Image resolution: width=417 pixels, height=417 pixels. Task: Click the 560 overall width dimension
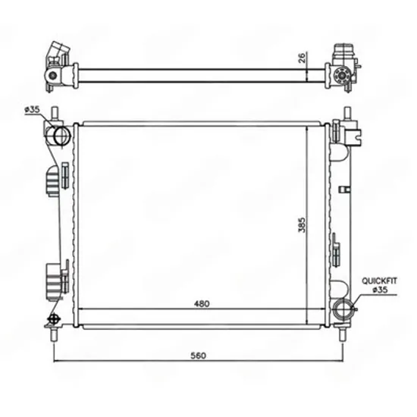(199, 356)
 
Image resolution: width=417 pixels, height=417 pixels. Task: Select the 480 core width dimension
(202, 303)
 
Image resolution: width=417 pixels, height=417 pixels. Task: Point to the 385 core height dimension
(302, 225)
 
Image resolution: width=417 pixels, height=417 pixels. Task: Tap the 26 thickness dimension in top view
(302, 58)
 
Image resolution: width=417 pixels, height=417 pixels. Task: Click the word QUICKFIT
(379, 281)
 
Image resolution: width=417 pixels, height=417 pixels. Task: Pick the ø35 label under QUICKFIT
(381, 290)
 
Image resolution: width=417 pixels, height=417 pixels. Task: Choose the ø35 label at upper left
(32, 109)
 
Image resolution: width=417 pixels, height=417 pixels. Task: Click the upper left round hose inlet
(61, 136)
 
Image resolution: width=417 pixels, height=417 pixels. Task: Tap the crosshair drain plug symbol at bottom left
(53, 319)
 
